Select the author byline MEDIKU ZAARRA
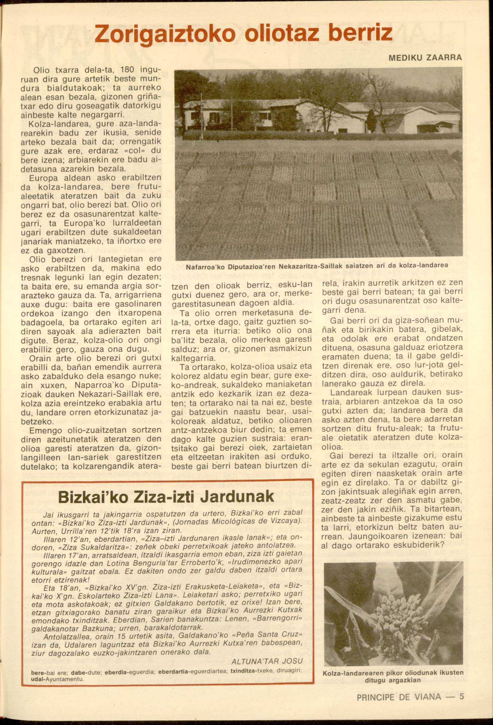click(x=426, y=58)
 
